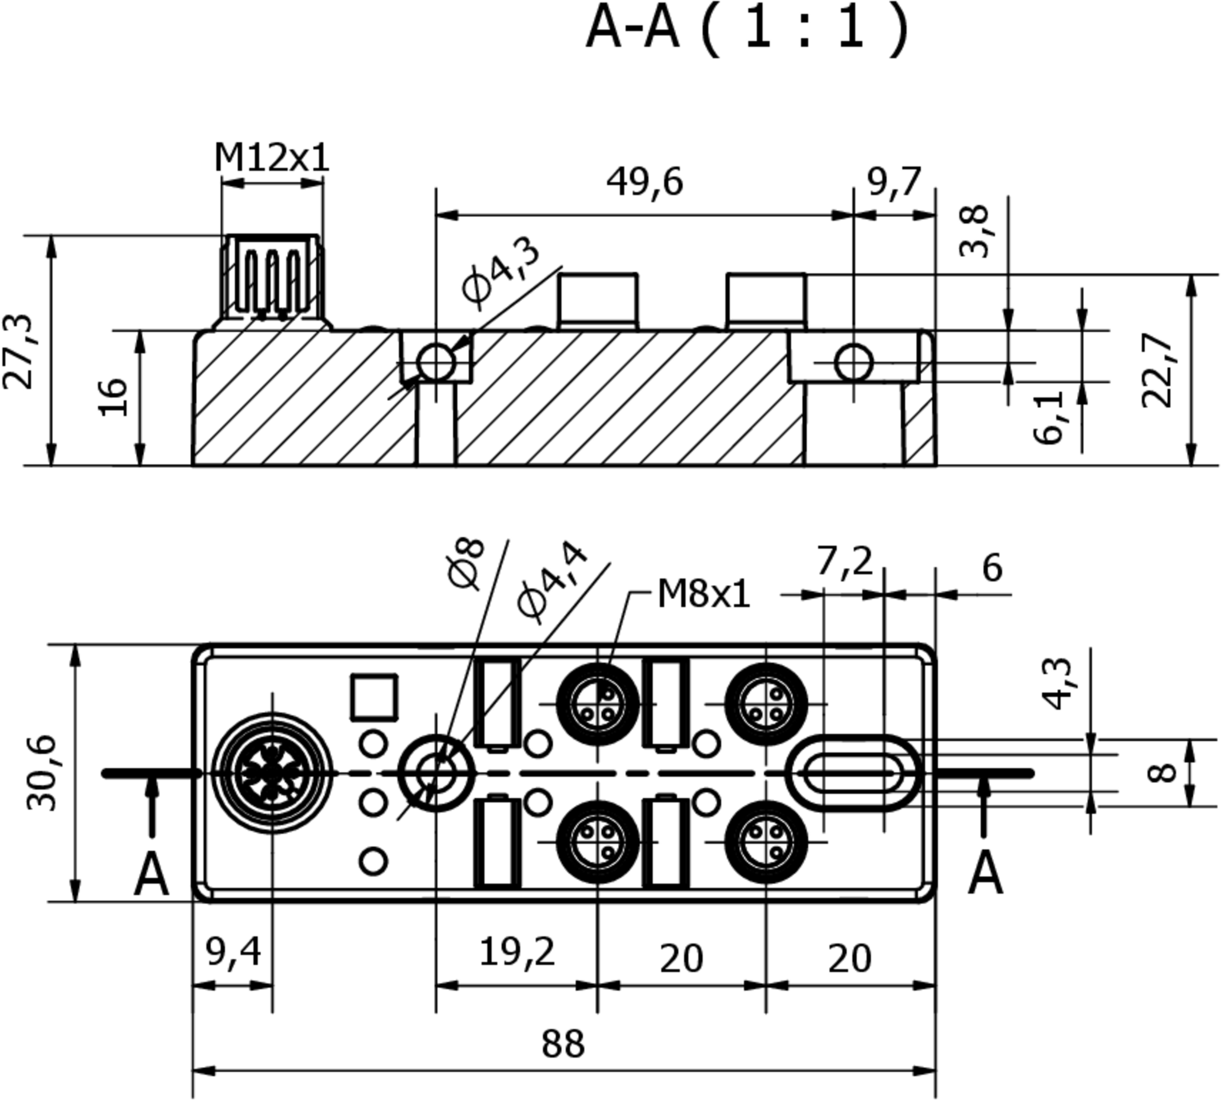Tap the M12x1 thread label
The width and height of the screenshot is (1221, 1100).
272,158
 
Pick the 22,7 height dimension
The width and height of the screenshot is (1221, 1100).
1158,370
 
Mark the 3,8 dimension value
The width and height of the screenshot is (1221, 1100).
974,231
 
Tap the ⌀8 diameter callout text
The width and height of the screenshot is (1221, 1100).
466,563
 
